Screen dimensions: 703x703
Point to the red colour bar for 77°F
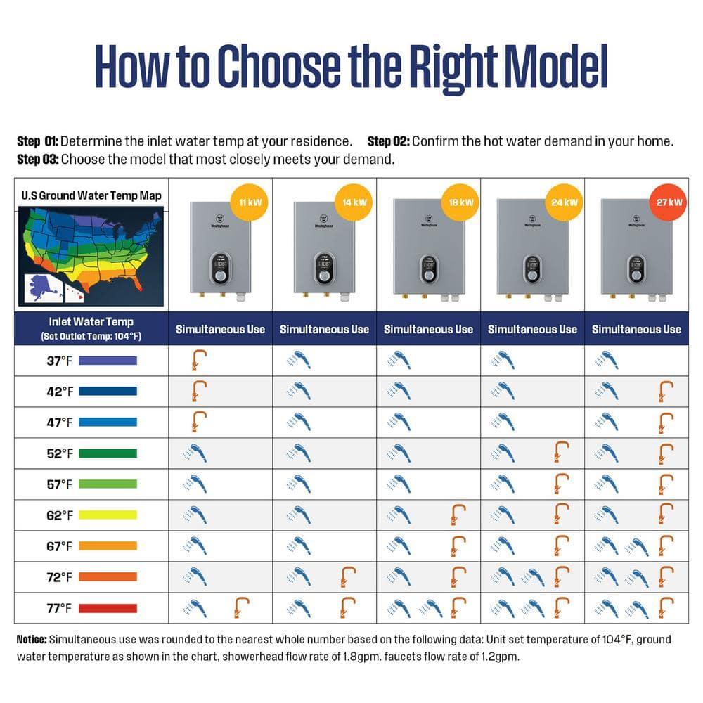pos(108,608)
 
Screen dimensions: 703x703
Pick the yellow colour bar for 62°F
pos(108,515)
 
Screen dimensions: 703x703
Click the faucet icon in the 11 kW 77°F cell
pos(241,607)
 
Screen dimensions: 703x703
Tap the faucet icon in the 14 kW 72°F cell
pos(346,576)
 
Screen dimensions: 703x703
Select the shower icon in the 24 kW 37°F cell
pos(503,360)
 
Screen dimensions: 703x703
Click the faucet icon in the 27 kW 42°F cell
pos(665,391)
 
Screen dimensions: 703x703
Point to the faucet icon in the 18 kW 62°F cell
pos(458,515)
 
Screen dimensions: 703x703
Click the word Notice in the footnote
pos(31,640)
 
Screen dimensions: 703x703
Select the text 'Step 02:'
pos(388,141)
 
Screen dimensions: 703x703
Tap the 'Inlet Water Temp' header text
pos(91,322)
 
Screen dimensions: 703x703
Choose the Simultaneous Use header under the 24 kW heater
pos(532,329)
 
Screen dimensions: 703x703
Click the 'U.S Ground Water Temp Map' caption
pos(91,195)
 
